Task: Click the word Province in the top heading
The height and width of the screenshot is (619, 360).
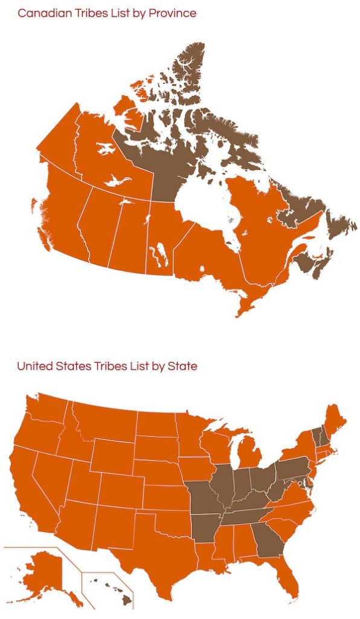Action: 174,13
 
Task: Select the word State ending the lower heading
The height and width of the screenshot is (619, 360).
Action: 184,366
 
